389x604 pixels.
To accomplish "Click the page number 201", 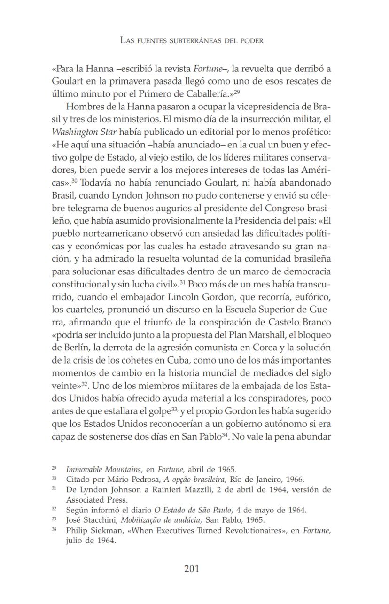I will tap(192, 569).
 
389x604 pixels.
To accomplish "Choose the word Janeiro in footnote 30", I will tap(265, 480).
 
